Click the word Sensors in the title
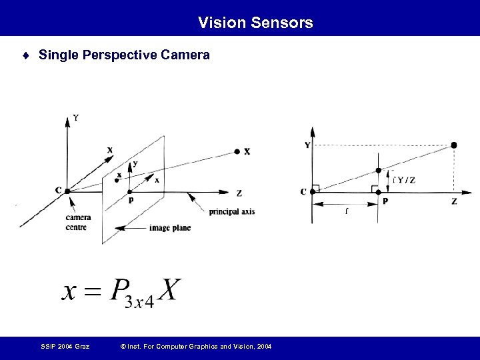283,23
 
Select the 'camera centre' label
78,222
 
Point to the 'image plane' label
171,227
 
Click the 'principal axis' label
232,212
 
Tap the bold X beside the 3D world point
247,151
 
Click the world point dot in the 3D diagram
237,151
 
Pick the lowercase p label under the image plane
130,199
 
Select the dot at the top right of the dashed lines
454,145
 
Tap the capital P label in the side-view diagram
385,201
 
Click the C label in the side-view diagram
303,192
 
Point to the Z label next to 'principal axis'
239,193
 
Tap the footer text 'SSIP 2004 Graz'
64,346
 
